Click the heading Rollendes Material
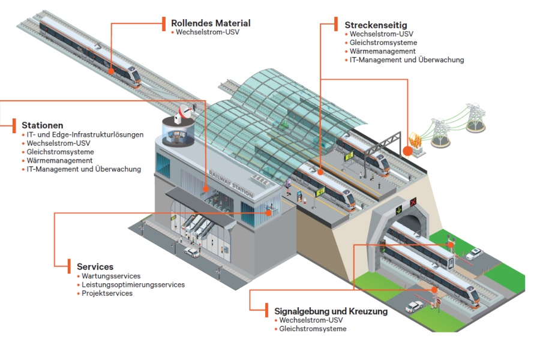tap(210, 23)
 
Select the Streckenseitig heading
tap(376, 25)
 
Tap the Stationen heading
tap(43, 125)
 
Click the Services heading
tap(95, 266)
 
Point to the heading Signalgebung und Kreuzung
tap(331, 311)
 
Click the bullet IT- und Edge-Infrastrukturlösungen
tap(85, 135)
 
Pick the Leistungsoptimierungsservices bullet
tap(133, 284)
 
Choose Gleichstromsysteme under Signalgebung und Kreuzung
tap(313, 329)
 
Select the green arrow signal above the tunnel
tap(398, 210)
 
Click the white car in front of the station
tap(191, 253)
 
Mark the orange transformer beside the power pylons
tap(413, 143)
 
